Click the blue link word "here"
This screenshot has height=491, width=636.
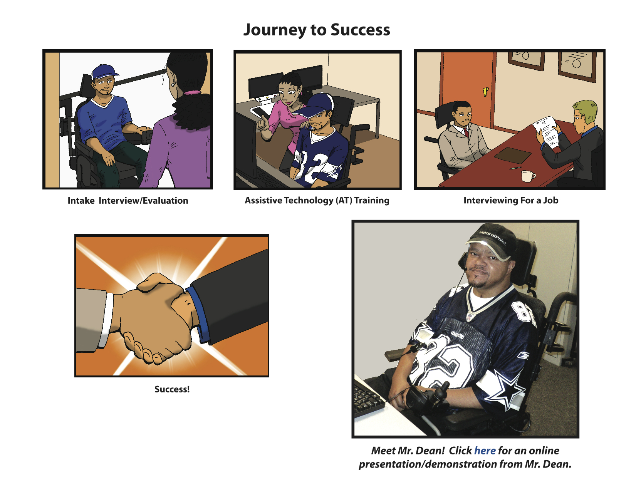pyautogui.click(x=485, y=451)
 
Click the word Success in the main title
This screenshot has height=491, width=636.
pyautogui.click(x=360, y=30)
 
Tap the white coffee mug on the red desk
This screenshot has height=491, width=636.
pyautogui.click(x=528, y=176)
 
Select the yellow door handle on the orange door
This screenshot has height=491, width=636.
pyautogui.click(x=485, y=92)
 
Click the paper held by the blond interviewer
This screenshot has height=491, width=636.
pyautogui.click(x=546, y=131)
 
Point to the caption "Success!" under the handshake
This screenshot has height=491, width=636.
pyautogui.click(x=172, y=389)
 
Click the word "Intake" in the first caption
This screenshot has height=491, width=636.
pyautogui.click(x=81, y=200)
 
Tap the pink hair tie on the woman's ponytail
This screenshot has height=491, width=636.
pyautogui.click(x=192, y=92)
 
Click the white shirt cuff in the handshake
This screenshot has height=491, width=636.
pyautogui.click(x=106, y=320)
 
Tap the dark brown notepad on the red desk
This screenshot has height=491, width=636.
pyautogui.click(x=512, y=155)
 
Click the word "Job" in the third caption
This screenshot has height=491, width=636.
pyautogui.click(x=551, y=200)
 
